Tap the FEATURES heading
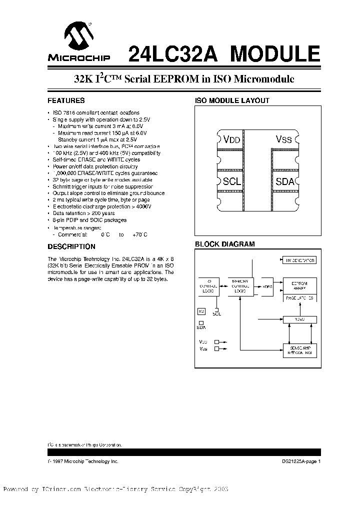click(x=66, y=100)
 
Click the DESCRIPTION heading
click(x=71, y=246)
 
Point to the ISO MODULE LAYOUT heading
click(x=232, y=100)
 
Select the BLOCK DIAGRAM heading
click(x=224, y=244)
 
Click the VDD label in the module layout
click(x=232, y=140)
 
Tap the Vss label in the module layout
click(x=283, y=139)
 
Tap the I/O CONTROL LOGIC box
click(x=209, y=287)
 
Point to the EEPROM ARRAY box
click(x=299, y=286)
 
